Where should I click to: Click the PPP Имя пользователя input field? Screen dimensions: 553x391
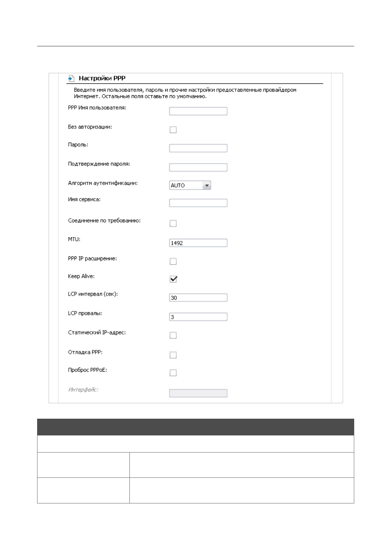pyautogui.click(x=198, y=111)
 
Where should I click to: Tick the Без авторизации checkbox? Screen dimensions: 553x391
pyautogui.click(x=173, y=130)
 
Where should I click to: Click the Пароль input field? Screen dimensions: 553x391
pyautogui.click(x=198, y=148)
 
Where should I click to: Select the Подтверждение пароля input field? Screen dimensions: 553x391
pyautogui.click(x=198, y=167)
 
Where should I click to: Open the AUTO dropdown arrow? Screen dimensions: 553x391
pyautogui.click(x=207, y=186)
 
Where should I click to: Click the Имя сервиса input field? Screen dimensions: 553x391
pyautogui.click(x=198, y=203)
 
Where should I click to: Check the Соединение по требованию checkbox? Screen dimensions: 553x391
pyautogui.click(x=173, y=223)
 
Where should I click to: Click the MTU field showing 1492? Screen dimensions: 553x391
pyautogui.click(x=198, y=243)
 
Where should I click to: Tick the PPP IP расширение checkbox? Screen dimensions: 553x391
pyautogui.click(x=173, y=261)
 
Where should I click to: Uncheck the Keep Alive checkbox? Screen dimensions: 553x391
pyautogui.click(x=173, y=279)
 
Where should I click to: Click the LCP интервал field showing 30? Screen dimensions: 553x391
pyautogui.click(x=198, y=298)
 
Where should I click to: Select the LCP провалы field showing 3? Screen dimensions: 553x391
pyautogui.click(x=198, y=317)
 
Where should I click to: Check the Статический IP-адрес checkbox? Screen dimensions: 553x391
pyautogui.click(x=173, y=335)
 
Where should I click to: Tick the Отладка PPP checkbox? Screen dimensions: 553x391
pyautogui.click(x=173, y=355)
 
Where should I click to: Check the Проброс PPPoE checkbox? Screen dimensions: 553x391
pyautogui.click(x=173, y=373)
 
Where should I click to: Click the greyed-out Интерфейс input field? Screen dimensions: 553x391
pyautogui.click(x=198, y=393)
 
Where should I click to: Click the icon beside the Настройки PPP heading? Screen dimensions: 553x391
pyautogui.click(x=71, y=78)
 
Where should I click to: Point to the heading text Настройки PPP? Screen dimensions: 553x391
pyautogui.click(x=102, y=78)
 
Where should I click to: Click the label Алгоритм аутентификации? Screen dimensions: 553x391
pyautogui.click(x=103, y=183)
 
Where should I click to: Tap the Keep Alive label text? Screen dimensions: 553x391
pyautogui.click(x=81, y=276)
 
